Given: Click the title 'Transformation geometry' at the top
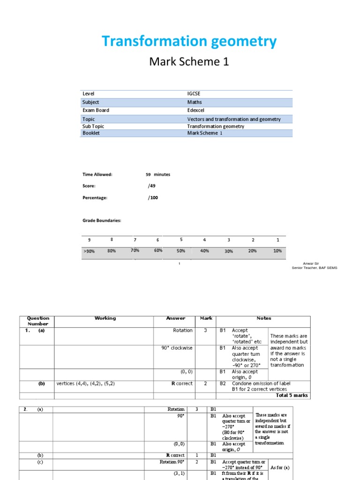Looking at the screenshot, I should click(189, 42).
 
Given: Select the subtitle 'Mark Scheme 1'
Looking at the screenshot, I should click(189, 61).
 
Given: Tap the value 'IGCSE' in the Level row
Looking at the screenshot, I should click(194, 94).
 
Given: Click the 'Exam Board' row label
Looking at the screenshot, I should click(96, 110).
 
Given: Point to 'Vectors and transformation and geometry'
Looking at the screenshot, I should click(234, 119).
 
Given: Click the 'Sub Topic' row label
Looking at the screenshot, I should click(93, 126).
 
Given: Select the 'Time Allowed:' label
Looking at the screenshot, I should click(97, 174).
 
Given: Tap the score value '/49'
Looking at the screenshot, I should click(151, 186).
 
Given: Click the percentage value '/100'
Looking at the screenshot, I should click(153, 197).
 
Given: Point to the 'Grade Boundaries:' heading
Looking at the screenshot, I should click(102, 220).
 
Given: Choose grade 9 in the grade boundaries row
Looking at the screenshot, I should click(89, 240).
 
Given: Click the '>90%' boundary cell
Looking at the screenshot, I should click(89, 251).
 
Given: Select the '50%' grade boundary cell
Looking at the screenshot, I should click(181, 251).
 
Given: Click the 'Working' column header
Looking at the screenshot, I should click(105, 318).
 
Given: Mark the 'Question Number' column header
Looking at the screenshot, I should click(38, 321).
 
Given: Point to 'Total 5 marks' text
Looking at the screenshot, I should click(292, 395).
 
